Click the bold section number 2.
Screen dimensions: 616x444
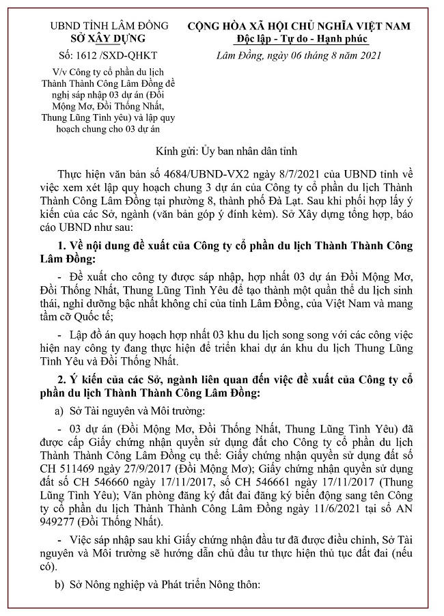64,379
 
